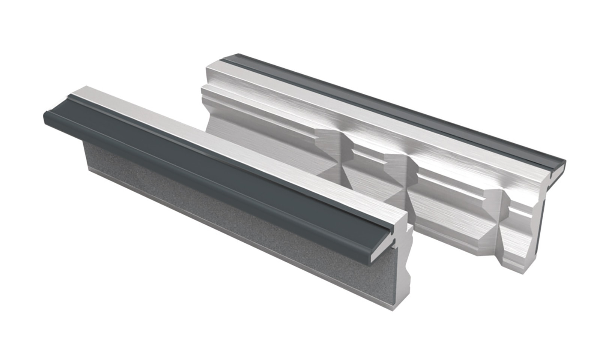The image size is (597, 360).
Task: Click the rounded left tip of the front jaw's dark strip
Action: [46, 115]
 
